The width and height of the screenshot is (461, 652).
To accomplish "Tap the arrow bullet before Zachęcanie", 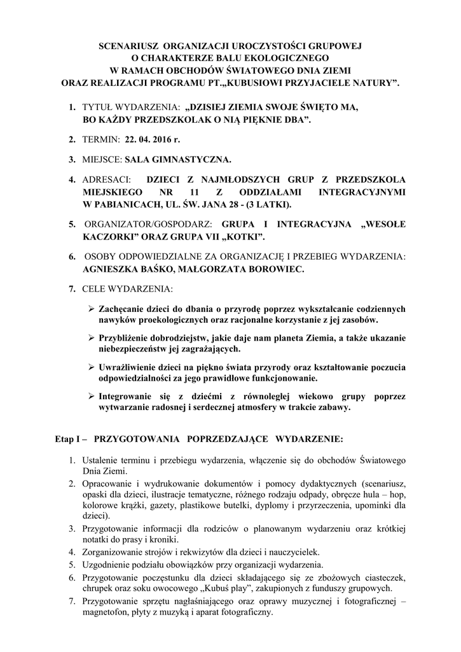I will [x=90, y=308].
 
